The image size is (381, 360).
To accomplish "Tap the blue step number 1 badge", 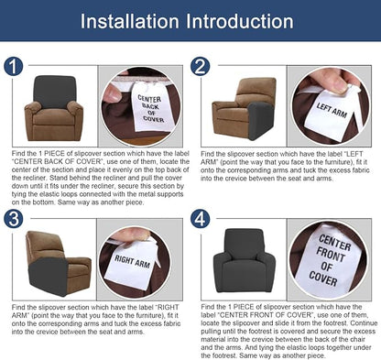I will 13,67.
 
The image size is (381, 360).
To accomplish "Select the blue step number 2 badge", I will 201,67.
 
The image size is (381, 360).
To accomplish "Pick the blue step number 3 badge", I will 13,218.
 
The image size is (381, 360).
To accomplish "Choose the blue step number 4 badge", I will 201,218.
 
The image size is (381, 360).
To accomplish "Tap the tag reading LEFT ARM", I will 336,106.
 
